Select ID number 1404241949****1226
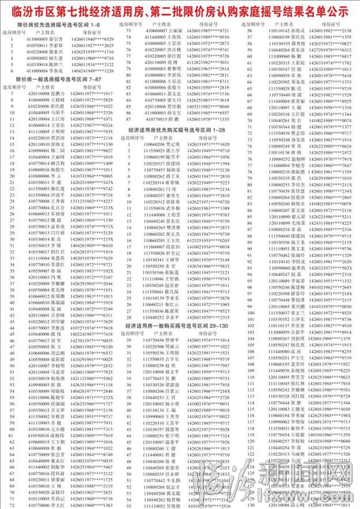92,70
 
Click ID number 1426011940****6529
92,38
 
